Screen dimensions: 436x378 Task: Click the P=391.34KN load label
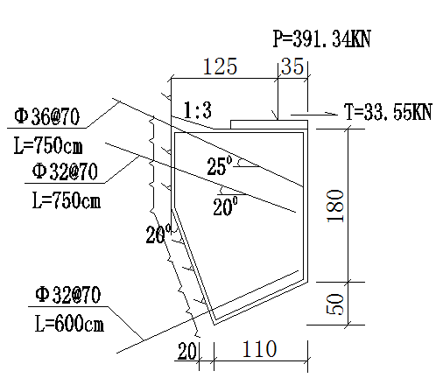pos(321,38)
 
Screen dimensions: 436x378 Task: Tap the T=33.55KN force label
pos(388,112)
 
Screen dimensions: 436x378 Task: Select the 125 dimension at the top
pos(220,66)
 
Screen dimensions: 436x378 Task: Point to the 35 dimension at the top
pos(292,66)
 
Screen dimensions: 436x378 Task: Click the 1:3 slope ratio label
pos(198,110)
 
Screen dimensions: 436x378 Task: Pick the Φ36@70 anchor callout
pos(46,116)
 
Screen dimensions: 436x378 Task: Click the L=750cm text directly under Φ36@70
pos(48,145)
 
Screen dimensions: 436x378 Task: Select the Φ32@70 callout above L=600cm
pos(68,295)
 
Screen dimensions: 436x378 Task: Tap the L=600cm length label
pos(69,323)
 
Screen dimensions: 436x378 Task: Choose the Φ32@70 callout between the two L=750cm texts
pos(65,171)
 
